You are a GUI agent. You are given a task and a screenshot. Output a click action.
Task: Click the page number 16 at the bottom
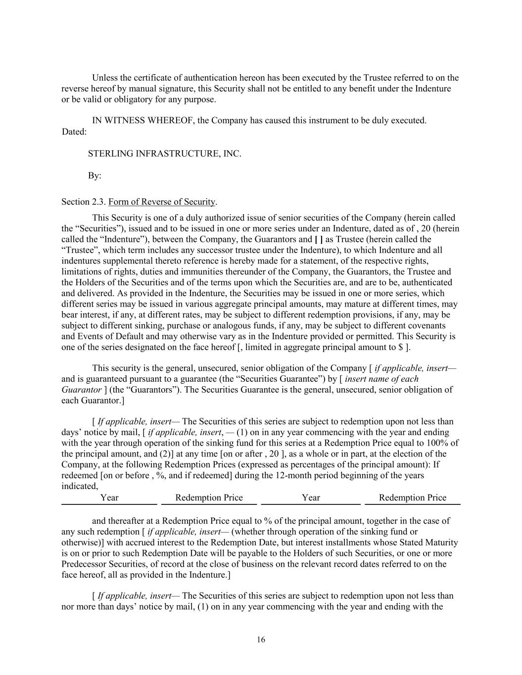pyautogui.click(x=261, y=640)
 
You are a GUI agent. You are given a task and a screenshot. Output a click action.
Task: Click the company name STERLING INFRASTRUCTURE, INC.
pyautogui.click(x=164, y=154)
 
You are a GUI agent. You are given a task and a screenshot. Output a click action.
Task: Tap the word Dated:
pyautogui.click(x=74, y=132)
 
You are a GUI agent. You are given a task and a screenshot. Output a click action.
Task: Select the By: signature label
pyautogui.click(x=95, y=176)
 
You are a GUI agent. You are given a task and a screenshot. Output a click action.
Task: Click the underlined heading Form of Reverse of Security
pyautogui.click(x=162, y=202)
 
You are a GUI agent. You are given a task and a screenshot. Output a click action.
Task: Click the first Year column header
pyautogui.click(x=109, y=498)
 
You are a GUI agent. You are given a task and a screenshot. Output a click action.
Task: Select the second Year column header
pyautogui.click(x=311, y=498)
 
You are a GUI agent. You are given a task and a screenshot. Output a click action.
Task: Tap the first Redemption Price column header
pyautogui.click(x=209, y=498)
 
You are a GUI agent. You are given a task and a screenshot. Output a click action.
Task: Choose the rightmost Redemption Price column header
pyautogui.click(x=412, y=498)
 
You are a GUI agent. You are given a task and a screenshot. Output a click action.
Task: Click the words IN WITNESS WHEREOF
pyautogui.click(x=143, y=121)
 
